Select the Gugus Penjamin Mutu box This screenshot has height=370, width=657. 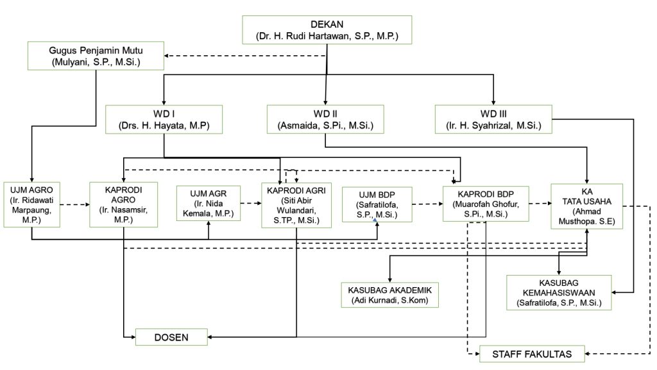[x=96, y=56]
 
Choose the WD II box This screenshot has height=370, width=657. [x=325, y=119]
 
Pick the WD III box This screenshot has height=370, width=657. [x=494, y=119]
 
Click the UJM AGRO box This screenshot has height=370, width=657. [x=31, y=204]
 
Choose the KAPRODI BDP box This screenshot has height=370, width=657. [x=485, y=203]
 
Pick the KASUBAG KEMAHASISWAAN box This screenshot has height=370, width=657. [x=558, y=292]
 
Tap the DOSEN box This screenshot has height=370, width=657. [x=171, y=336]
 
